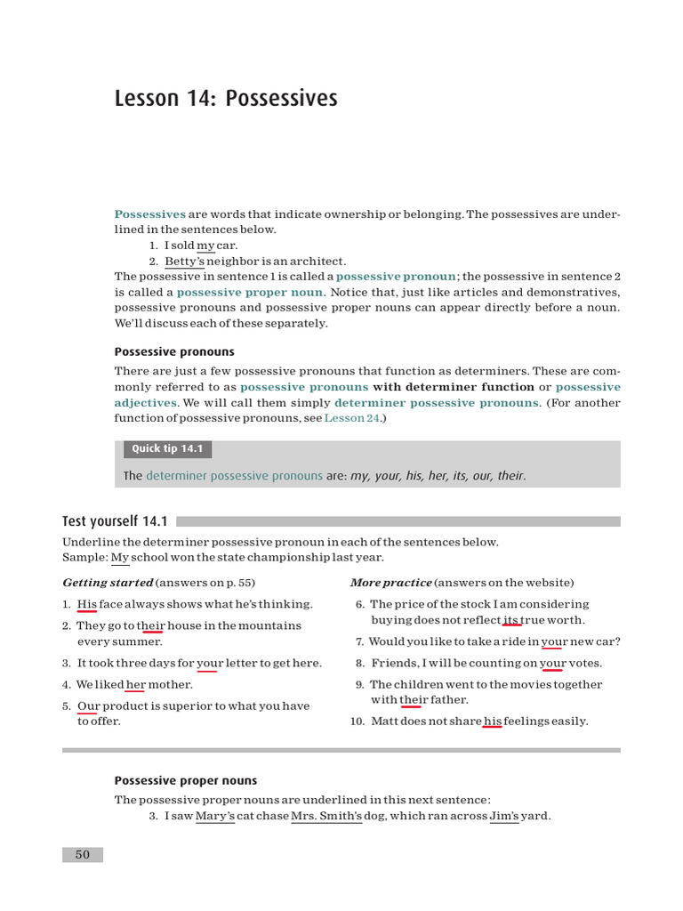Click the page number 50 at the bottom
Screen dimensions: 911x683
point(83,855)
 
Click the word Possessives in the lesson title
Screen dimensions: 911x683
point(282,98)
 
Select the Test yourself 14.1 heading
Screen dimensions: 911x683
point(115,521)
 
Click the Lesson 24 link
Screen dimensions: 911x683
point(351,417)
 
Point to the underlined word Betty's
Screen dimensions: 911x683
point(185,262)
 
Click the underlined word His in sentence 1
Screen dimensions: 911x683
point(87,604)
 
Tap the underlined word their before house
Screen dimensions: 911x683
point(152,625)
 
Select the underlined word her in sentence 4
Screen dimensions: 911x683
point(135,684)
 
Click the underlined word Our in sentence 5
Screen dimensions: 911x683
point(88,705)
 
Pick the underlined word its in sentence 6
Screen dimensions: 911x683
point(511,620)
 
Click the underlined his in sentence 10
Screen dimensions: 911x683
point(493,722)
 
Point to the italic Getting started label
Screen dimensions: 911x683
point(107,583)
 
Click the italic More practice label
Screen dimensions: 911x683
point(390,583)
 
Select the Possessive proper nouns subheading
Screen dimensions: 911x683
point(186,780)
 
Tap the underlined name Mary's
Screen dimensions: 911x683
point(214,816)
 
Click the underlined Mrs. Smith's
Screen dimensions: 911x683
point(326,816)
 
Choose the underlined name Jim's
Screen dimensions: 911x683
point(504,816)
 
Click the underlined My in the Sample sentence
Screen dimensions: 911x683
point(120,558)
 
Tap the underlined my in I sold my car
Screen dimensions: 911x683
point(205,246)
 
